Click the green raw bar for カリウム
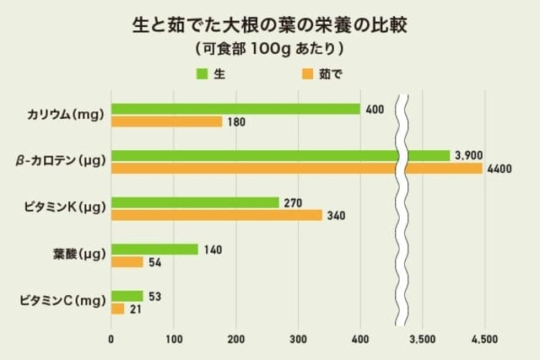(x=236, y=109)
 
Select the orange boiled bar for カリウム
(x=167, y=121)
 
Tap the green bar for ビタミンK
(x=195, y=202)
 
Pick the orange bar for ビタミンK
(x=217, y=215)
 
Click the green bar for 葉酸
(x=155, y=250)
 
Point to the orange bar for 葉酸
(x=127, y=262)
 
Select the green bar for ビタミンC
(x=127, y=296)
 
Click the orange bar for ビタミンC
(x=118, y=309)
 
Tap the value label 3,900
(x=468, y=156)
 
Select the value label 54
(x=156, y=263)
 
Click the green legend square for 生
(x=202, y=73)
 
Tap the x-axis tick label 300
(x=299, y=339)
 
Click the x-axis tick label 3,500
(x=422, y=339)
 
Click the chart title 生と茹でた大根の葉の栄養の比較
(x=270, y=24)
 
